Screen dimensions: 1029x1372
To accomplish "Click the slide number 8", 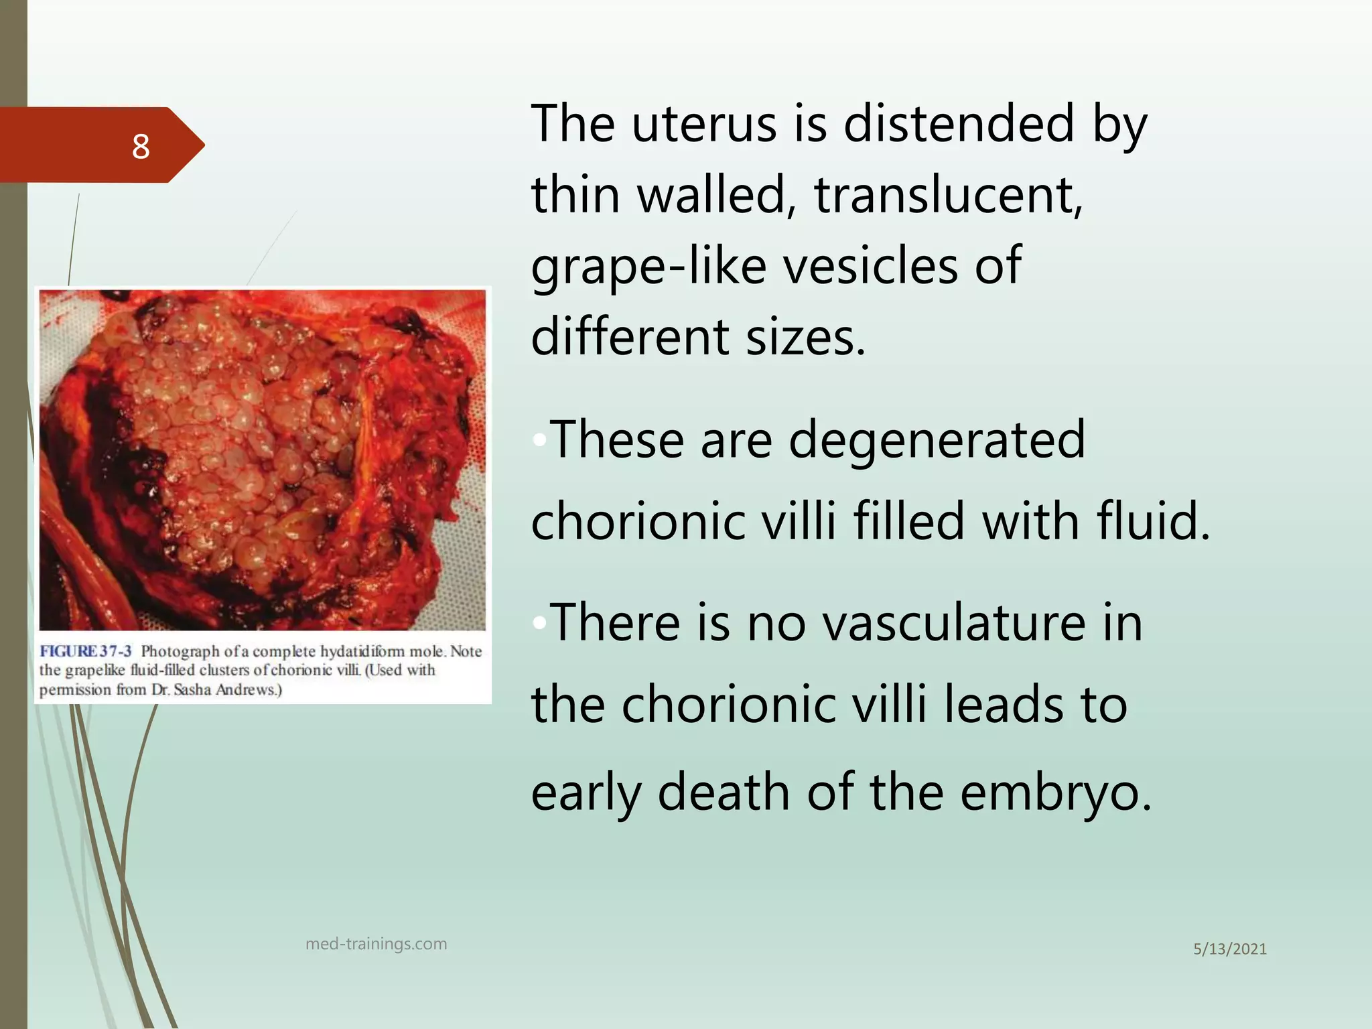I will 141,146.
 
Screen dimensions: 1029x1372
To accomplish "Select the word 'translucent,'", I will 948,195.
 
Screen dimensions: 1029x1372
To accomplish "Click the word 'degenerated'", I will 936,439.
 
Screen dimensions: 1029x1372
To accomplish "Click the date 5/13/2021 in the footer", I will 1230,949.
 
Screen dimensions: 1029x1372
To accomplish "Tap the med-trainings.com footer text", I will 376,944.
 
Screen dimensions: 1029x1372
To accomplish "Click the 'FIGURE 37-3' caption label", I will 86,651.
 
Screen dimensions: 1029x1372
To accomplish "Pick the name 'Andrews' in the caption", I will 248,690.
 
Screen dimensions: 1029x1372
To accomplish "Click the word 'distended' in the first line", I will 959,124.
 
